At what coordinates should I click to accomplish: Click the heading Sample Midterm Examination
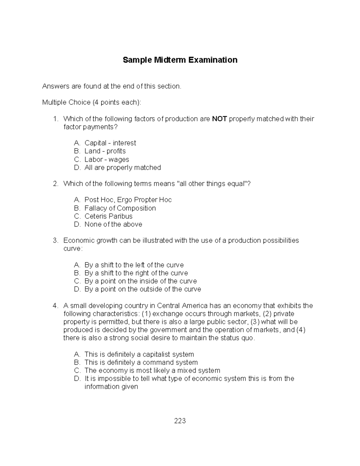(180, 60)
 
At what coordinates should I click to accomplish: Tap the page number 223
(180, 421)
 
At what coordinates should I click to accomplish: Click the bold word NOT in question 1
(219, 119)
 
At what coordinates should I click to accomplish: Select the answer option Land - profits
(105, 151)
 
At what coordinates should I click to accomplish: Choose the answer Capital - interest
(110, 143)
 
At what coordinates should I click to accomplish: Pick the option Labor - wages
(106, 159)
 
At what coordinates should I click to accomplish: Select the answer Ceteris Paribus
(108, 216)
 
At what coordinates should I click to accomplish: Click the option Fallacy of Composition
(120, 208)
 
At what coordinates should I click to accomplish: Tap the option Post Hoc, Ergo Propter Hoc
(128, 200)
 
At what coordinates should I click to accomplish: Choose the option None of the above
(113, 224)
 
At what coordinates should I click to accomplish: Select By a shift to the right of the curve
(136, 273)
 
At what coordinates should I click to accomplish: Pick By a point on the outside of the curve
(142, 289)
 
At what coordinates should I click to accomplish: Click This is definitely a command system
(141, 362)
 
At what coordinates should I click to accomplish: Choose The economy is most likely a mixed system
(152, 371)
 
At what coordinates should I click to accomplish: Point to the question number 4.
(55, 306)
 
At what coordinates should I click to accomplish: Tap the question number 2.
(55, 184)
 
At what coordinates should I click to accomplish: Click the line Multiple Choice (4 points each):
(91, 103)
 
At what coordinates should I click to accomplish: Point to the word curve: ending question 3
(73, 249)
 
